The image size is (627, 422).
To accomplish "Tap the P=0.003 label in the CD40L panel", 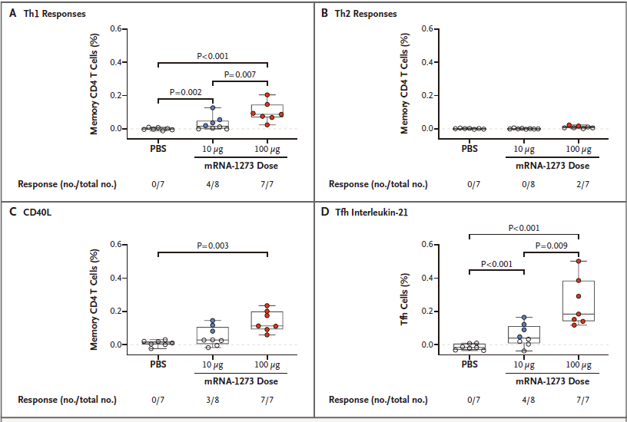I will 212,246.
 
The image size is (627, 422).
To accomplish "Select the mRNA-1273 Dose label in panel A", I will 240,166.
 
